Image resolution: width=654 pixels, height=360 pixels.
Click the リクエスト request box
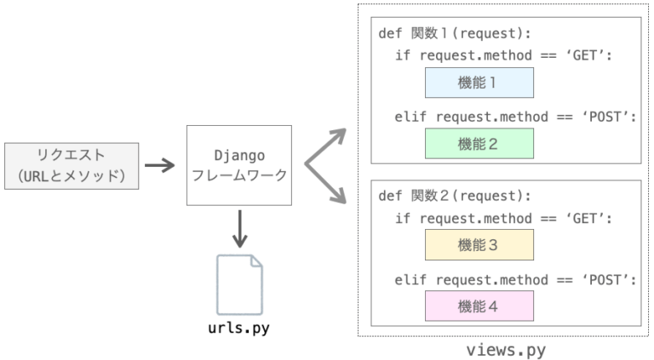click(72, 165)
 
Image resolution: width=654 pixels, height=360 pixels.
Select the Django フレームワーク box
click(238, 165)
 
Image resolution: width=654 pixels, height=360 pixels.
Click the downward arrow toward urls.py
click(239, 228)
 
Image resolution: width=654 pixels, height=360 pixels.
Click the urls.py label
click(239, 328)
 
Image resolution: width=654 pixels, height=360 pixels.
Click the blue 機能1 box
click(479, 83)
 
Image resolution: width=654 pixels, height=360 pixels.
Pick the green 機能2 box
click(479, 143)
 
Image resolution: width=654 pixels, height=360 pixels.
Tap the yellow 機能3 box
click(479, 245)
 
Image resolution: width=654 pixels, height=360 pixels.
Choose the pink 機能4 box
click(479, 305)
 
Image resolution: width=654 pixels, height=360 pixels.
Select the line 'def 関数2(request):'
click(453, 196)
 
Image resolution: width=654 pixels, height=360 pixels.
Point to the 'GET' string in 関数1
click(591, 54)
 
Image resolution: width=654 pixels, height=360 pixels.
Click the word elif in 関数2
click(412, 279)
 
